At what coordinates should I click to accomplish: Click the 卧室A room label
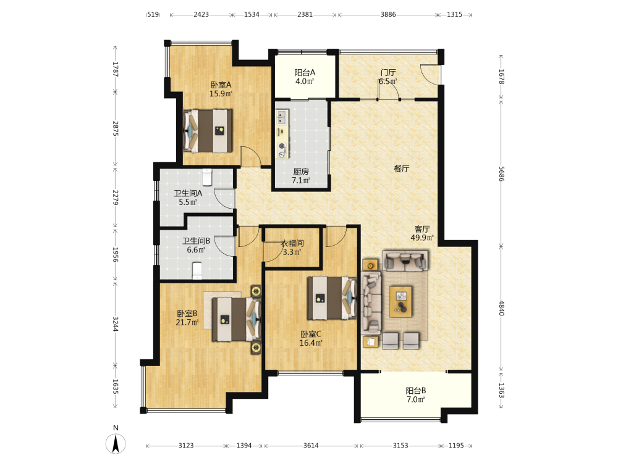click(x=221, y=85)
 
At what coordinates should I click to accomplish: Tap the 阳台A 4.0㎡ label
click(x=305, y=77)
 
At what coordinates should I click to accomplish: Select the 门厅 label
click(x=388, y=72)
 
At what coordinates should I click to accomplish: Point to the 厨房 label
click(x=301, y=172)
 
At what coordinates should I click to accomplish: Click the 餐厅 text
click(x=402, y=169)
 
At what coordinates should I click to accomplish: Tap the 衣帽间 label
click(x=292, y=243)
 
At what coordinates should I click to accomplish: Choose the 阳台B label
click(x=416, y=391)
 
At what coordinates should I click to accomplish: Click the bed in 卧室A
click(x=208, y=131)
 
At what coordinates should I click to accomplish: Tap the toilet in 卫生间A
click(x=207, y=177)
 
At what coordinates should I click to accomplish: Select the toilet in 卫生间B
click(x=197, y=270)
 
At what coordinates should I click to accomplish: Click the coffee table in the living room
click(x=401, y=302)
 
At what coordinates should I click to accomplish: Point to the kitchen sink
click(x=282, y=117)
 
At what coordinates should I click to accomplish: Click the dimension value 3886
click(x=388, y=15)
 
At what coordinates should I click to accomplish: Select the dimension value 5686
click(x=501, y=173)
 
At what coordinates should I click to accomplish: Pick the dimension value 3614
click(x=311, y=446)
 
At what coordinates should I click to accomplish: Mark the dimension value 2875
click(x=116, y=128)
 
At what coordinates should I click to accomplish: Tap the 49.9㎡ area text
click(x=422, y=238)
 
